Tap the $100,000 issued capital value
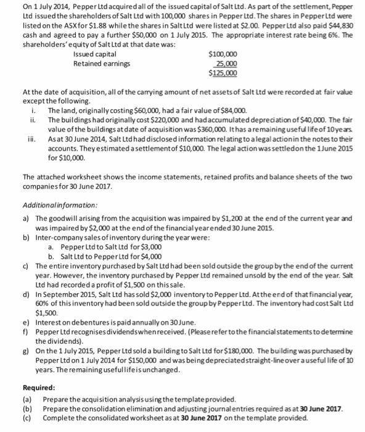coord(223,54)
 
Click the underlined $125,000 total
coord(223,72)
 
